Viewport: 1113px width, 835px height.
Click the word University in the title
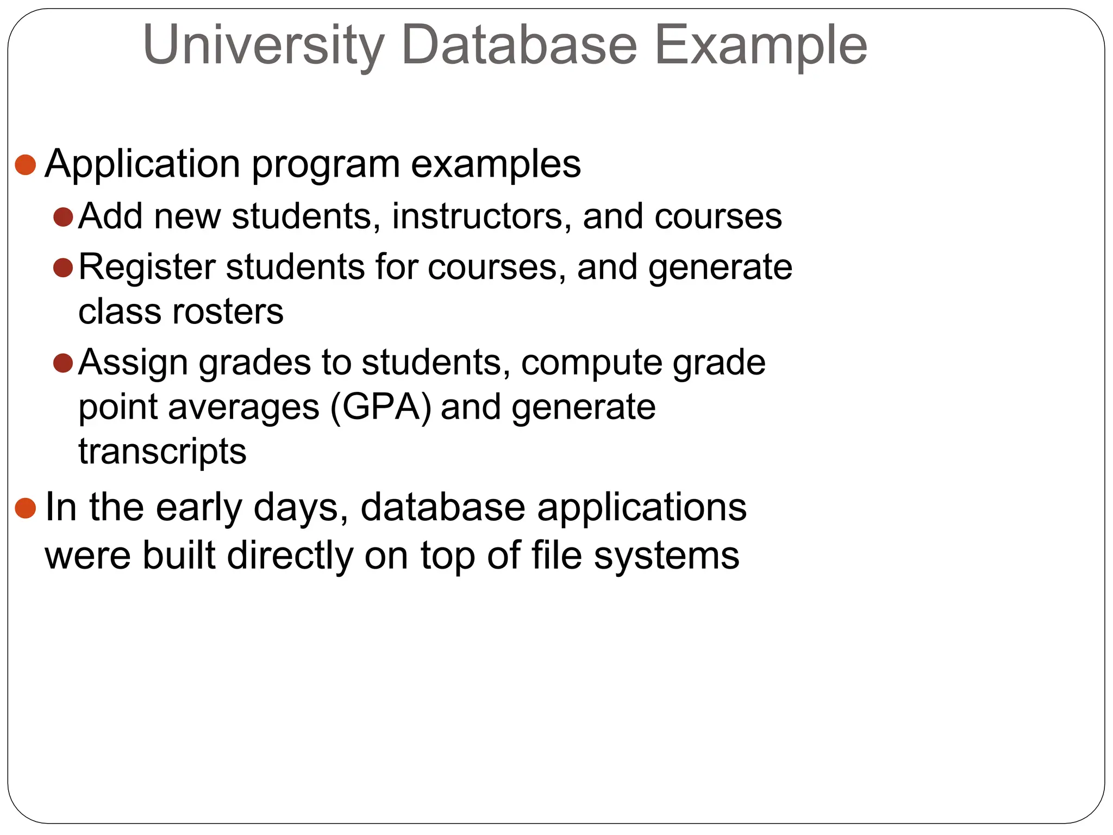click(264, 46)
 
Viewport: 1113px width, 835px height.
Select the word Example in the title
click(760, 46)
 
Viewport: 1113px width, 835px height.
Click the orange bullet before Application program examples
click(26, 165)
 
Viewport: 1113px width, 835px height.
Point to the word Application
click(142, 165)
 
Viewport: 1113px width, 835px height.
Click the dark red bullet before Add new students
click(63, 217)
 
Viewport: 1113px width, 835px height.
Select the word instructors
click(481, 216)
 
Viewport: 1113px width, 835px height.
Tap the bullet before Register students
click(63, 267)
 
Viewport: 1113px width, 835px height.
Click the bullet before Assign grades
click(63, 363)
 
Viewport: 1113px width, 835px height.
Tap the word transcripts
click(162, 452)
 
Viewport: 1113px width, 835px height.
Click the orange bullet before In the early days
click(26, 508)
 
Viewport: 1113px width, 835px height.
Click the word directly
click(290, 556)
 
